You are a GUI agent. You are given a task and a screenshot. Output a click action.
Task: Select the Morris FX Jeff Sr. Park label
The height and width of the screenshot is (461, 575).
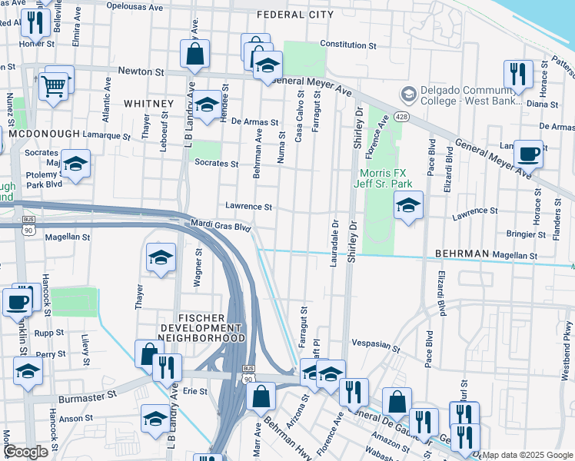tap(383, 177)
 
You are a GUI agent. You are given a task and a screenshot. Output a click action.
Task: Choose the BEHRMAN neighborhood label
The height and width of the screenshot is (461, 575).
tap(461, 253)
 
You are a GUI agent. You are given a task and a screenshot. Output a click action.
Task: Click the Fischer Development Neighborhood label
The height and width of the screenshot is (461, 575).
tap(202, 327)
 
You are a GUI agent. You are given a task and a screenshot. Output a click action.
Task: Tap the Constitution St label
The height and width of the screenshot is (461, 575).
tap(347, 45)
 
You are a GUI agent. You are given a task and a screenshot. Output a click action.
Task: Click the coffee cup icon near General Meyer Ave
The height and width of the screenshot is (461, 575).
tap(528, 153)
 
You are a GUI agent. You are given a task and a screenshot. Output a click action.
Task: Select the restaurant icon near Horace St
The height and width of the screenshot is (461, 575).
tap(518, 74)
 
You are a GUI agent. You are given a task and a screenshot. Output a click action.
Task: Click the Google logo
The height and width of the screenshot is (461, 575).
tap(25, 452)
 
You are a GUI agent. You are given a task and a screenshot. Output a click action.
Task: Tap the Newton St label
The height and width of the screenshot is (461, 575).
tap(142, 71)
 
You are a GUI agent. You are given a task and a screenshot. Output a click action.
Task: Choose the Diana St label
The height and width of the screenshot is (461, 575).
tap(542, 104)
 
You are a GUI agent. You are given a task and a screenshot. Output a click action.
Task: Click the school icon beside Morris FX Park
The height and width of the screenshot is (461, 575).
tap(409, 205)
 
